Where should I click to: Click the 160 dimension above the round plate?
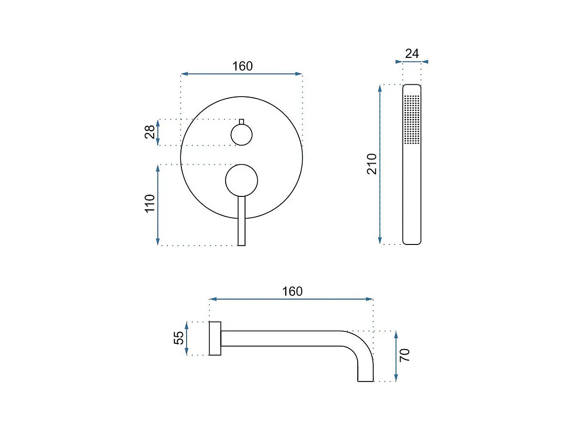(x=242, y=66)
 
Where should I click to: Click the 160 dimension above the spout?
(x=292, y=291)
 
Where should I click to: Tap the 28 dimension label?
(x=150, y=132)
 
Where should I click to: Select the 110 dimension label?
(x=150, y=203)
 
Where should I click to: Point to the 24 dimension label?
(x=412, y=54)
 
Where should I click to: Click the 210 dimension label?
(x=372, y=164)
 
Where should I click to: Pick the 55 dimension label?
(x=179, y=338)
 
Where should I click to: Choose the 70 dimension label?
(x=404, y=355)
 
